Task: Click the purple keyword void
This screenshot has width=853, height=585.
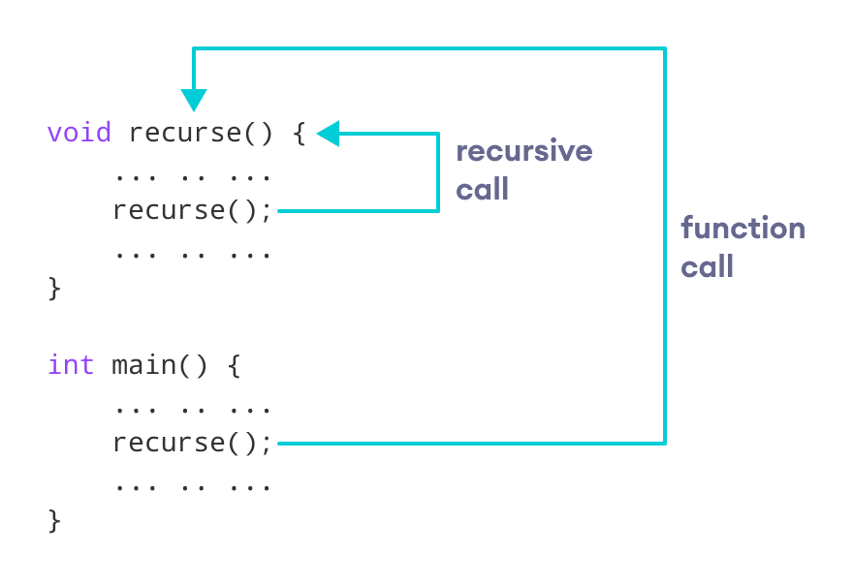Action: point(79,133)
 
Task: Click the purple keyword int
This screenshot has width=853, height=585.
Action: point(71,365)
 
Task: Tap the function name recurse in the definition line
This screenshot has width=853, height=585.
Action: point(184,133)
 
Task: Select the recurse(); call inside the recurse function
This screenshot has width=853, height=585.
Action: point(193,210)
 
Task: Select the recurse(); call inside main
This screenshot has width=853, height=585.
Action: point(193,443)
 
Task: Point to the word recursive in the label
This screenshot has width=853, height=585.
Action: point(523,151)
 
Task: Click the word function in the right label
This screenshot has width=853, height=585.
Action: point(742,229)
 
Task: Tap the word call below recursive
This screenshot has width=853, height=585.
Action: point(482,189)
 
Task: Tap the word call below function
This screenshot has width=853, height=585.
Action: point(707,266)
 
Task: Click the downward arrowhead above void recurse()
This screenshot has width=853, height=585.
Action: point(194,100)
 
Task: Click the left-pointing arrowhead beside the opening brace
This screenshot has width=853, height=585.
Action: point(328,134)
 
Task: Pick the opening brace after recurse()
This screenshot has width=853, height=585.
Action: point(299,134)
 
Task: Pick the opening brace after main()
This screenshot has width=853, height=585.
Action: point(234,366)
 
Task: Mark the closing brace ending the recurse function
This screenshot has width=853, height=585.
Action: point(54,288)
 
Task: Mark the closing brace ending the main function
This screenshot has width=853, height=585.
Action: point(54,520)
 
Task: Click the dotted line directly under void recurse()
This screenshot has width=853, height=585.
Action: point(193,177)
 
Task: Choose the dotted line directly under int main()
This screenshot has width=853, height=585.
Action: point(193,410)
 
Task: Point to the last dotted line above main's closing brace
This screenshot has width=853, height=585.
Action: point(193,486)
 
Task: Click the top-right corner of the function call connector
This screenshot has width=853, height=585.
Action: point(665,48)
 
